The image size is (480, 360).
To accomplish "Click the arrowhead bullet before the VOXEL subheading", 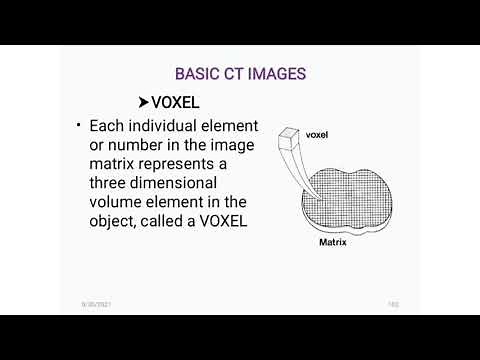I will tap(143, 102).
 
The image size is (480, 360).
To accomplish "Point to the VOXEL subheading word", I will tap(176, 102).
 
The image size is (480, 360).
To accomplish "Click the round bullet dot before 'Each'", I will tap(78, 127).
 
